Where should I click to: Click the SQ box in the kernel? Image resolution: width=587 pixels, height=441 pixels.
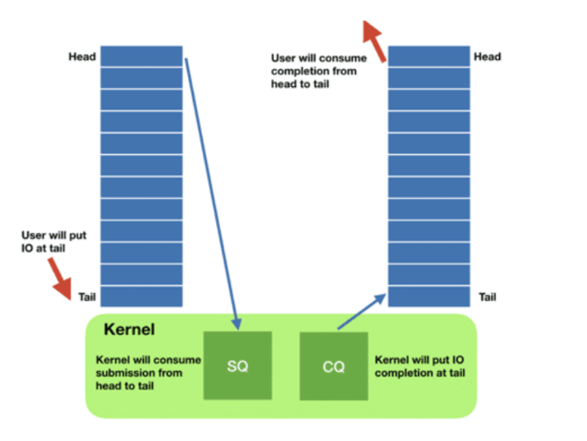pos(238,366)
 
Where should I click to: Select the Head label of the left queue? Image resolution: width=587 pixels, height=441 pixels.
pos(83,57)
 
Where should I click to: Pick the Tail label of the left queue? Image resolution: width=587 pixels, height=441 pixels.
pos(87,297)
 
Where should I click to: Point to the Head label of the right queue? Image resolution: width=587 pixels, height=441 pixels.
pos(487,56)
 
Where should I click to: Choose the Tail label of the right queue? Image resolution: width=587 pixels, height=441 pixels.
pos(488,297)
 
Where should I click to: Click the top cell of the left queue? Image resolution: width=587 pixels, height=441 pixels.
pos(142,56)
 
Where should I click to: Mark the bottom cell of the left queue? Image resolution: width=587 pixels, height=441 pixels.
pos(142,296)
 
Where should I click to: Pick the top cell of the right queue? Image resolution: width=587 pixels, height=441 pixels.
pos(429,56)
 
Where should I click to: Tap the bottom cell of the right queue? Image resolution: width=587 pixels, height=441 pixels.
pos(429,296)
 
